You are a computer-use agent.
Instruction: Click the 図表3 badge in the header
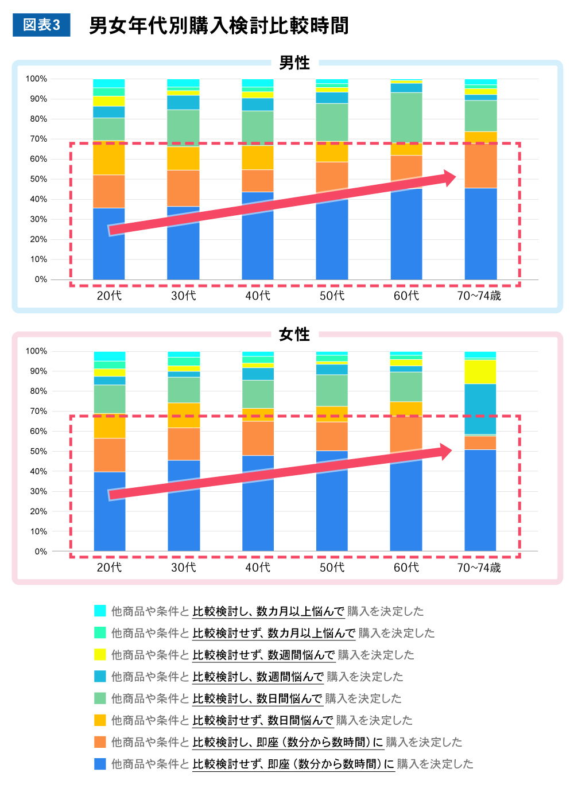41,25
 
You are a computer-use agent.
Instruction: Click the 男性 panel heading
294,63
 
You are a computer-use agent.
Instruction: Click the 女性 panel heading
294,334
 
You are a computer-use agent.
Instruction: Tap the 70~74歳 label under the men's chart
479,296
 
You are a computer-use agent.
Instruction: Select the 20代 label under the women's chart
109,567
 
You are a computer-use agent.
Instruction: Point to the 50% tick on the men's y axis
39,179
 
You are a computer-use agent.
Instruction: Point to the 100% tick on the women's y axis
37,351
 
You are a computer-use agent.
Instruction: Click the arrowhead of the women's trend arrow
444,452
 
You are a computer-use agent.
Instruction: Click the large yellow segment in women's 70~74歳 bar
480,371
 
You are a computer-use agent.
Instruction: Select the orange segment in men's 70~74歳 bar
480,166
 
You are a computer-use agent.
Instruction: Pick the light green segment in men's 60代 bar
406,117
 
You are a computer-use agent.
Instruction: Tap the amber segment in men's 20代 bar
109,158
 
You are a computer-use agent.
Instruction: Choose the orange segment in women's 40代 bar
258,438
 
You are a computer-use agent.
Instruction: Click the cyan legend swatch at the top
100,611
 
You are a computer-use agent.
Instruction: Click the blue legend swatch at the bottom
100,764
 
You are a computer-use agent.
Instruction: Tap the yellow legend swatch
100,654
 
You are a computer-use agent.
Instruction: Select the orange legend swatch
100,742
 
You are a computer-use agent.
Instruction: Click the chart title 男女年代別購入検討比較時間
219,26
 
